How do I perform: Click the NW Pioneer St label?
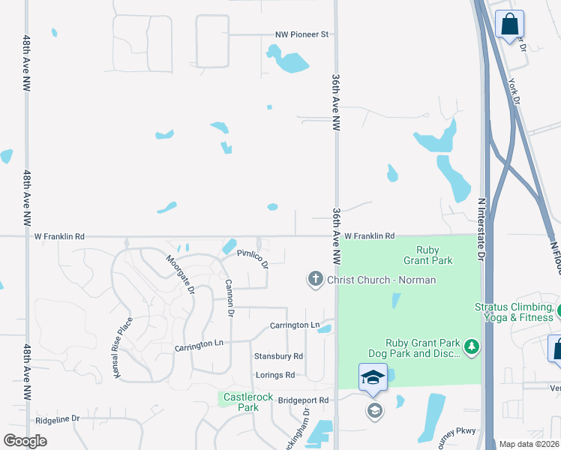[x=302, y=34]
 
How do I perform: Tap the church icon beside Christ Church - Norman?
[x=316, y=280]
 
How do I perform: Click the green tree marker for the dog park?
[x=472, y=346]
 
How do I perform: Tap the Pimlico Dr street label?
[x=253, y=259]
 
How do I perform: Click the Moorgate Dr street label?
[x=181, y=274]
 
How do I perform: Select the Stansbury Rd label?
[x=278, y=356]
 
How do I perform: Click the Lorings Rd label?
[x=274, y=375]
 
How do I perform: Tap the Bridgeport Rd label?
[x=304, y=400]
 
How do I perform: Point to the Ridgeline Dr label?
[x=57, y=419]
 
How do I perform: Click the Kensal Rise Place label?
[x=124, y=346]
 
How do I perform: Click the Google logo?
[x=25, y=441]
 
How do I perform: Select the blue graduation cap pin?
[x=373, y=377]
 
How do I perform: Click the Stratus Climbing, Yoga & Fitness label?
[x=515, y=312]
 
